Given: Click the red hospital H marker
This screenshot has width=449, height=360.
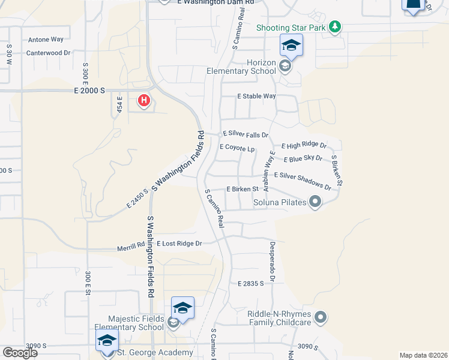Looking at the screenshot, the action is click(144, 100).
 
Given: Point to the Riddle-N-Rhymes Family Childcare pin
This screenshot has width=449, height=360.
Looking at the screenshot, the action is click(321, 316).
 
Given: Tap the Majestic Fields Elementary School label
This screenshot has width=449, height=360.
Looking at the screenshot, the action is click(136, 323).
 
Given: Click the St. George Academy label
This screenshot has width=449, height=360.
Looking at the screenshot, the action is click(155, 352).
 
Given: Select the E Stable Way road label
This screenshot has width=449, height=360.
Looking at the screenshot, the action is click(256, 96).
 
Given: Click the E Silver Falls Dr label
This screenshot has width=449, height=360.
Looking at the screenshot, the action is click(245, 134).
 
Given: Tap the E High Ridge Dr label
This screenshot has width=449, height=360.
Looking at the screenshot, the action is click(304, 145).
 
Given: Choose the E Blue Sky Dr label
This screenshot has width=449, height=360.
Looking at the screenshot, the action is click(303, 159).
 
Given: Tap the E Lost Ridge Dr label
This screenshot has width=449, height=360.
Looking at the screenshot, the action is click(179, 244).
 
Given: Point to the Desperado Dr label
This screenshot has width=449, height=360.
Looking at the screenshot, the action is click(271, 262).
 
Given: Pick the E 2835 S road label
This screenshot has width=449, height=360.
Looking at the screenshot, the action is click(250, 283).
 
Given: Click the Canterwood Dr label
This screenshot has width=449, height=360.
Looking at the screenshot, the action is click(48, 53).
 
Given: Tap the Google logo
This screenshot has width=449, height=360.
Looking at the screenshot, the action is click(20, 352).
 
